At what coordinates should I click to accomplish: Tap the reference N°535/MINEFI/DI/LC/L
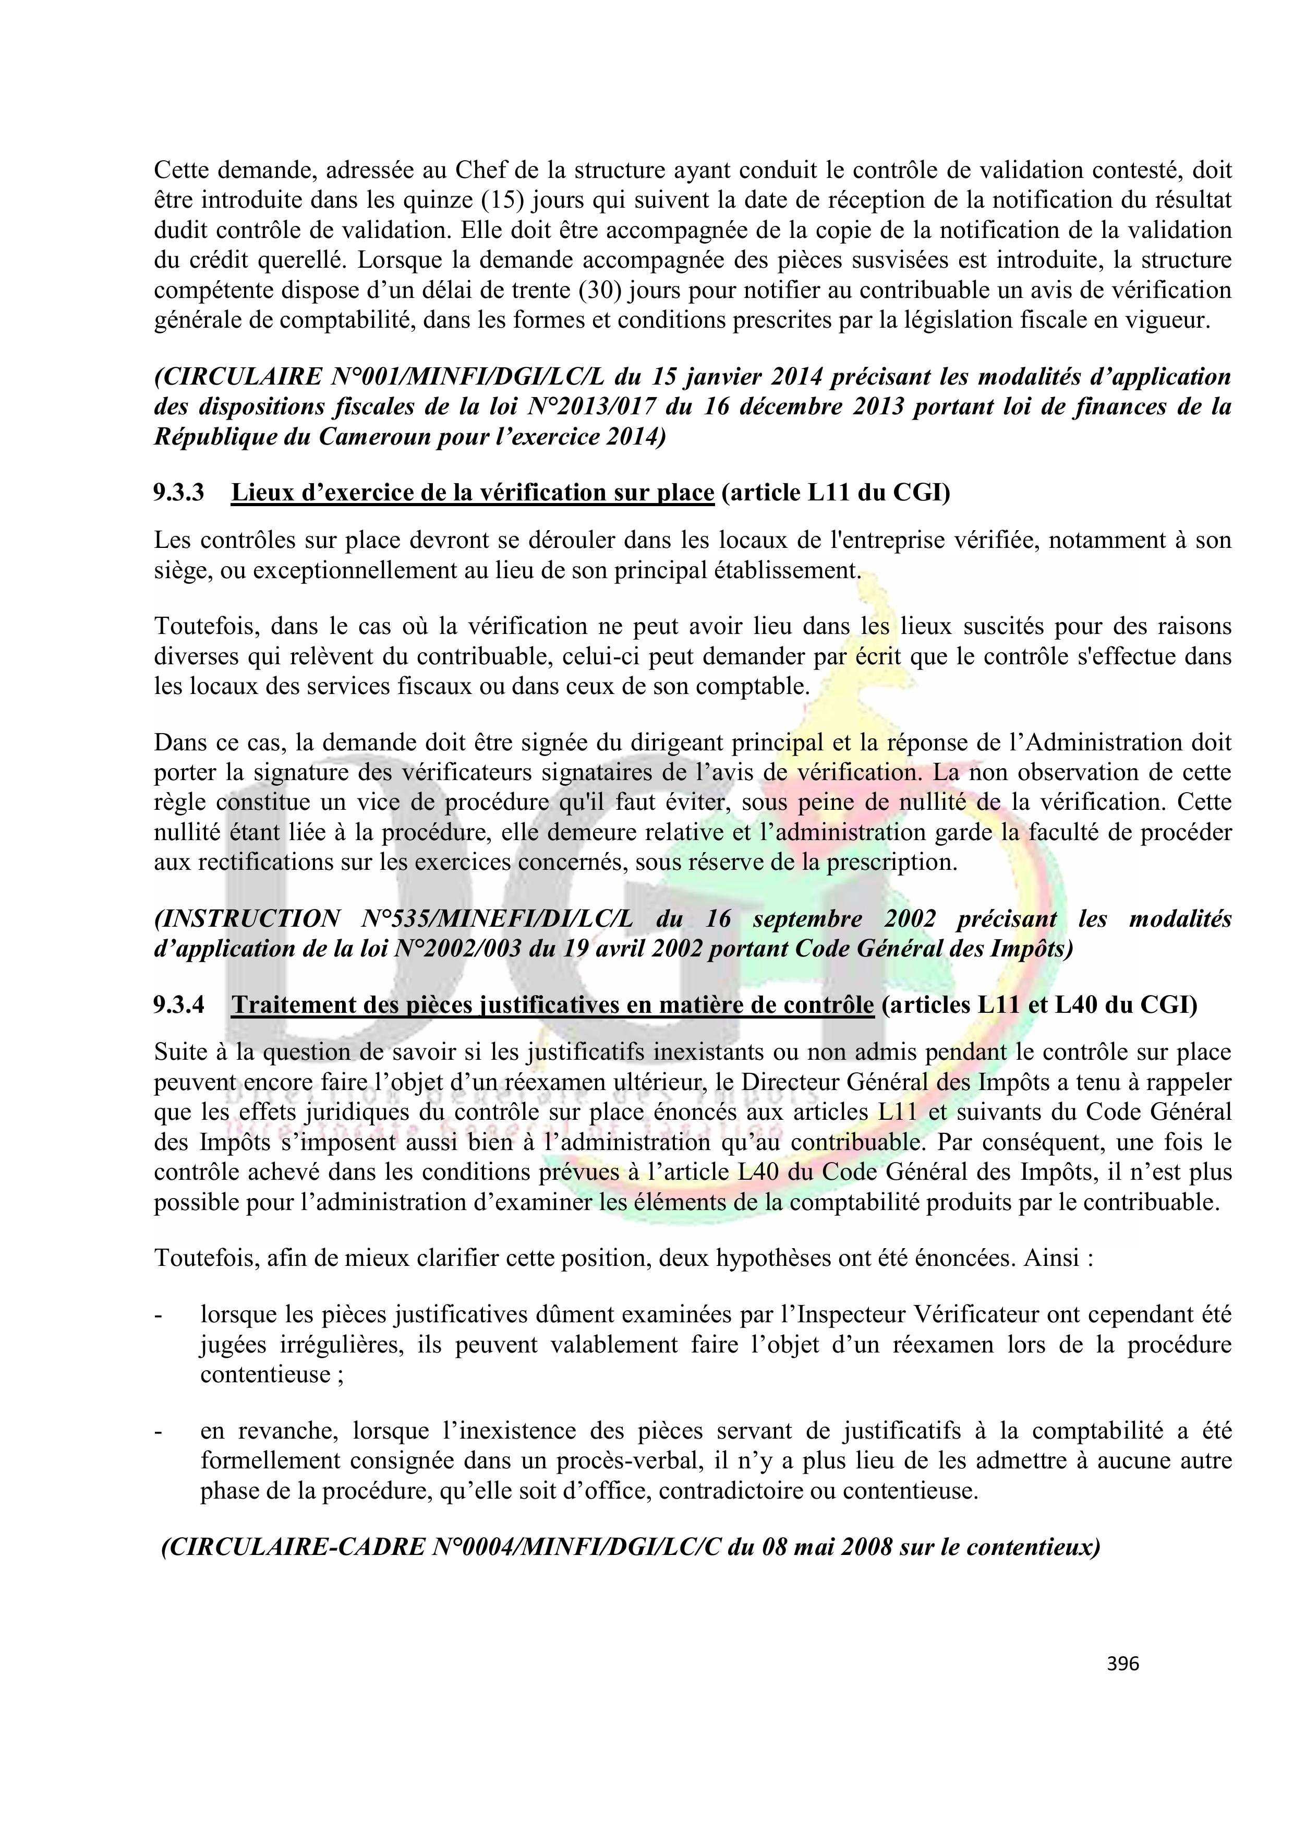coord(498,919)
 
